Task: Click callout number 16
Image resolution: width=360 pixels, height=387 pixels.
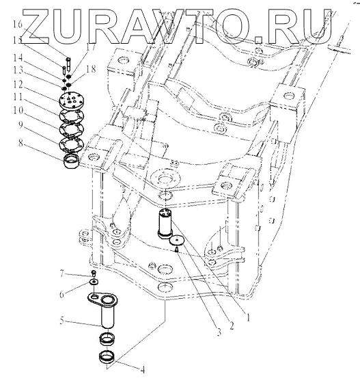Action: (x=18, y=24)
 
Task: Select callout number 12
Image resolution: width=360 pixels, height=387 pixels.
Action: (x=18, y=85)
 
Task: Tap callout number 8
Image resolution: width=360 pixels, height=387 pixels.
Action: (x=20, y=142)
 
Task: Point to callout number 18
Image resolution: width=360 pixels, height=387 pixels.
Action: (x=91, y=69)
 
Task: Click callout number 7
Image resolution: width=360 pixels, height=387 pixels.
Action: (x=62, y=273)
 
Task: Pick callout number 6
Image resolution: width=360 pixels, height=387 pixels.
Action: (x=61, y=294)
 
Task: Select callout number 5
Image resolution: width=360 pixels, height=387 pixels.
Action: (x=61, y=321)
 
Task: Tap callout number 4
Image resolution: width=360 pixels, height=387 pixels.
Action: (x=142, y=370)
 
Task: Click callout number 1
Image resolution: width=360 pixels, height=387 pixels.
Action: (x=248, y=317)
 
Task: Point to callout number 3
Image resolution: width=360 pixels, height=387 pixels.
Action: (x=219, y=332)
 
